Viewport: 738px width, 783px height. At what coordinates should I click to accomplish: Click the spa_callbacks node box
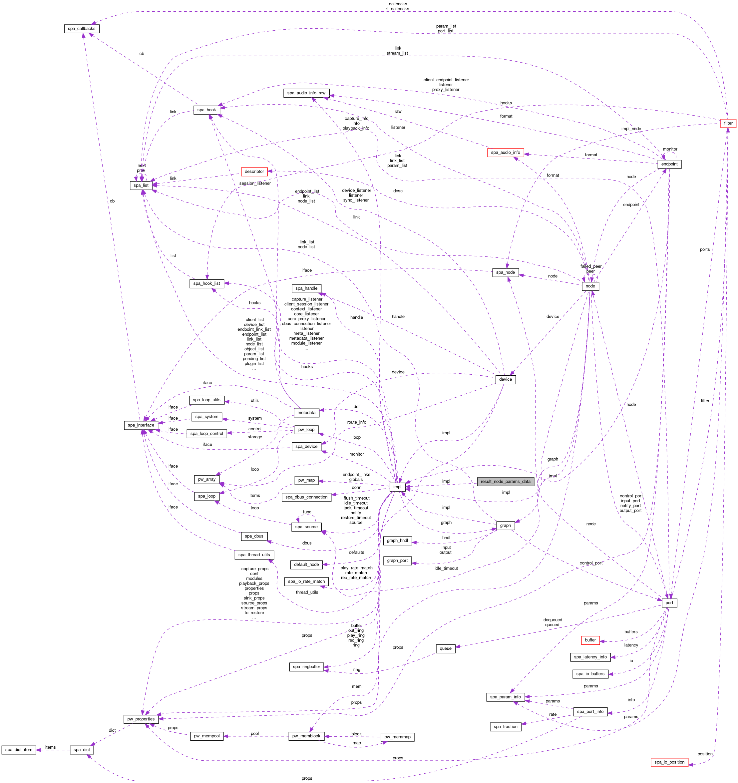click(82, 29)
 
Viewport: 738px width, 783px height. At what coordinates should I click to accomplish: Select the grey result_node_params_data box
click(505, 481)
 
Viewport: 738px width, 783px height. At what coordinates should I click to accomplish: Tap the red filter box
click(728, 123)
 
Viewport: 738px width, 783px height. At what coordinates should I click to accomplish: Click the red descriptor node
click(254, 172)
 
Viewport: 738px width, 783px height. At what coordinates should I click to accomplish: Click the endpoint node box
click(669, 164)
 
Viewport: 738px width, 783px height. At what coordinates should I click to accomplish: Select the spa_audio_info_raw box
click(306, 93)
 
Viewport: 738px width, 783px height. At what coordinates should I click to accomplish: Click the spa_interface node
click(141, 425)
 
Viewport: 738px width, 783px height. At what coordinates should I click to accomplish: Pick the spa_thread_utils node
click(254, 555)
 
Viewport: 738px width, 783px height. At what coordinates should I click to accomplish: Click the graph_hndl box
click(397, 541)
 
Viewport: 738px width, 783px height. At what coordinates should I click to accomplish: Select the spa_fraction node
click(505, 727)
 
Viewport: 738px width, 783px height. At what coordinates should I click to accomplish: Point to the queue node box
click(445, 648)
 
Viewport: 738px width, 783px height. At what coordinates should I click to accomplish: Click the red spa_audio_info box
click(505, 153)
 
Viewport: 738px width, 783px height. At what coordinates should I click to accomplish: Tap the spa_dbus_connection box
click(306, 497)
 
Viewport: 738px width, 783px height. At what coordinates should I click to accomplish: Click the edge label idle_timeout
click(446, 568)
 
